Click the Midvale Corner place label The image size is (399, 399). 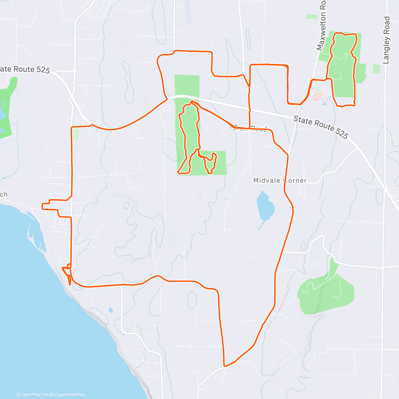pos(280,181)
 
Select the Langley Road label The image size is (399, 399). pos(386,40)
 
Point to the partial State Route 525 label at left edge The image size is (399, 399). pos(25,69)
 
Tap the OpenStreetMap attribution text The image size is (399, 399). pos(70,395)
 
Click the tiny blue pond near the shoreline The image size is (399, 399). pos(110,310)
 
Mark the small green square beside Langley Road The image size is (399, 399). pos(376,69)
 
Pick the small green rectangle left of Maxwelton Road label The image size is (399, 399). pos(312,16)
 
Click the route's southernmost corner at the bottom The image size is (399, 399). pos(225,366)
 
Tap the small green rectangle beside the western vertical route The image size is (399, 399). pos(75,134)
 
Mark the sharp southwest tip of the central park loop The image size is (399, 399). pos(179,173)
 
